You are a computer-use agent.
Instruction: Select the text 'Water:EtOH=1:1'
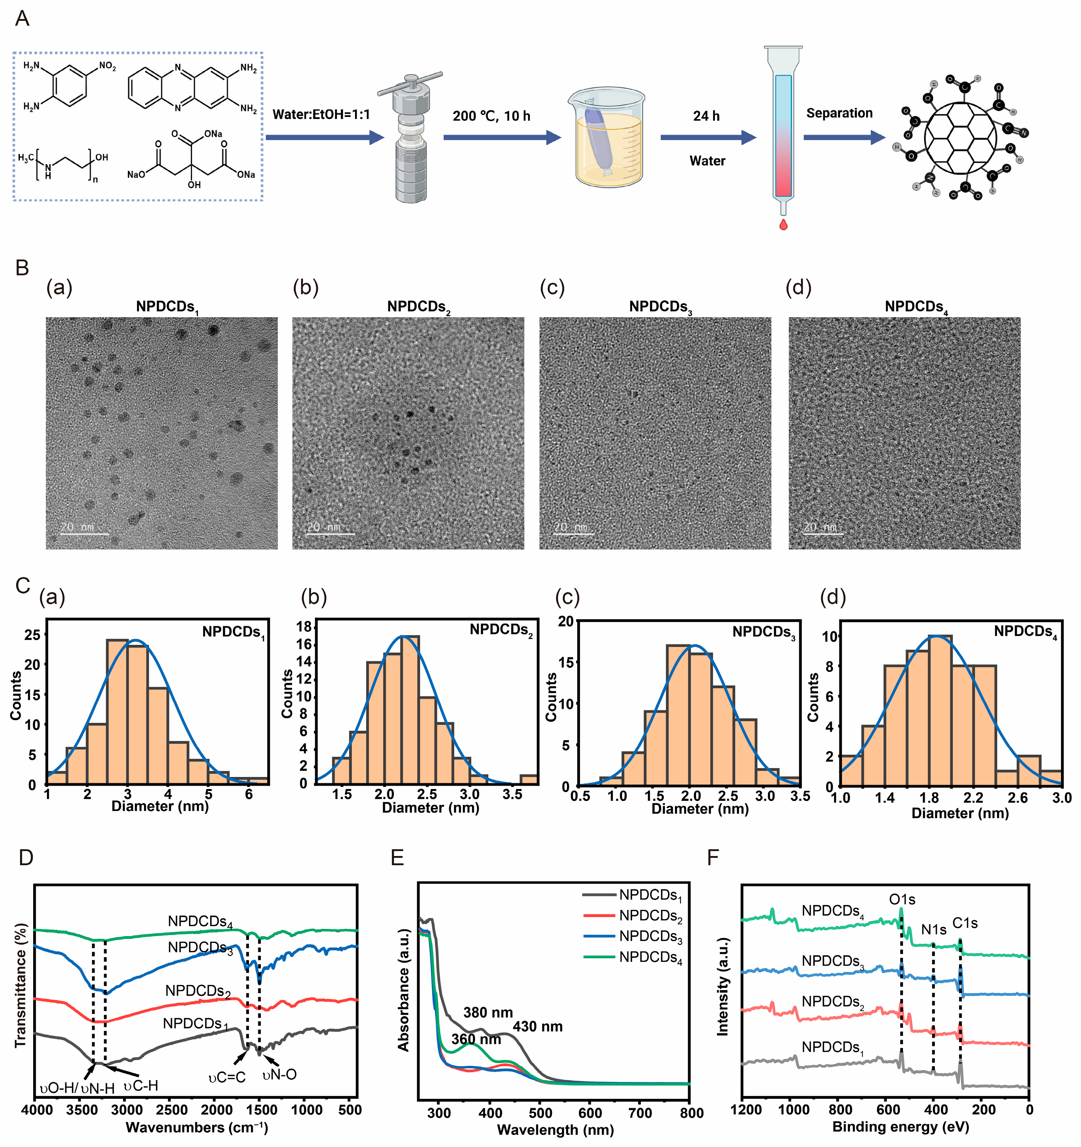tap(321, 114)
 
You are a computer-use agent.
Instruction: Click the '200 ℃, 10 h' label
tap(492, 116)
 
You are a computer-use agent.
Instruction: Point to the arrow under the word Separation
tap(844, 137)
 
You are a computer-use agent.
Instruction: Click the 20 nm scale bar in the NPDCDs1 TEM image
tap(84, 534)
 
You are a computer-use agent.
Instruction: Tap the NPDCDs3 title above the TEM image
tap(661, 307)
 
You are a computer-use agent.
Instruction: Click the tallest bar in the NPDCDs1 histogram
tap(117, 712)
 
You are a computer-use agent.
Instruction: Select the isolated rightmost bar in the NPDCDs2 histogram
tap(529, 779)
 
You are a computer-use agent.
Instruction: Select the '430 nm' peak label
tap(538, 1027)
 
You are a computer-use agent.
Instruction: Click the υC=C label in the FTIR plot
tap(227, 1077)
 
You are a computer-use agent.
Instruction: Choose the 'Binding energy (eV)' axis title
tap(900, 1126)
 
